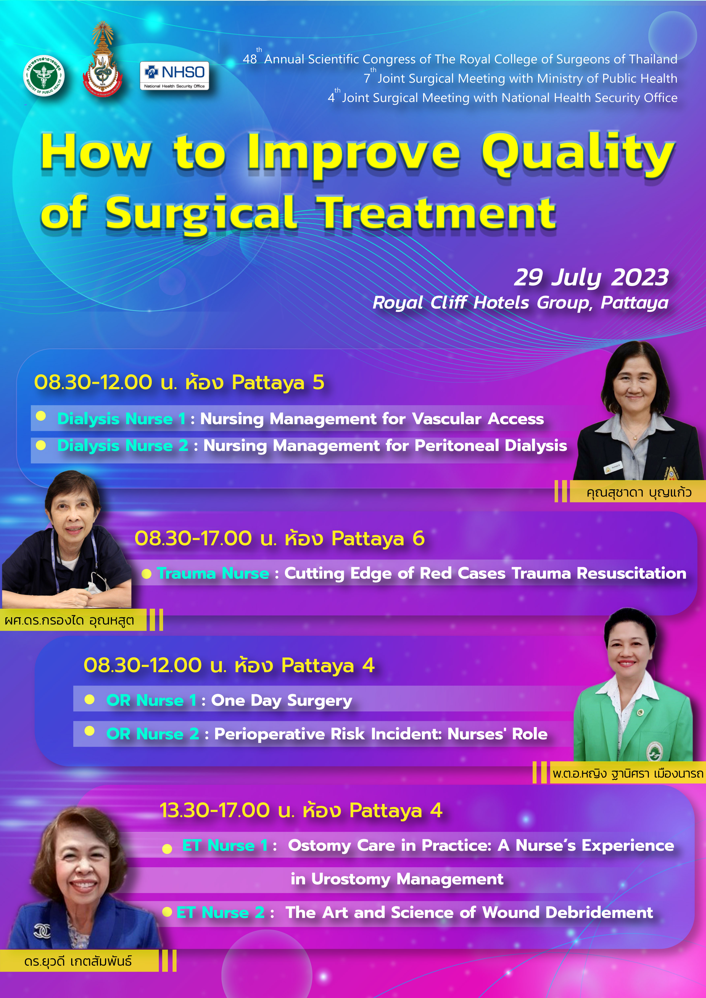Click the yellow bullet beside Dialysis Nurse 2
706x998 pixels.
coord(41,445)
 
